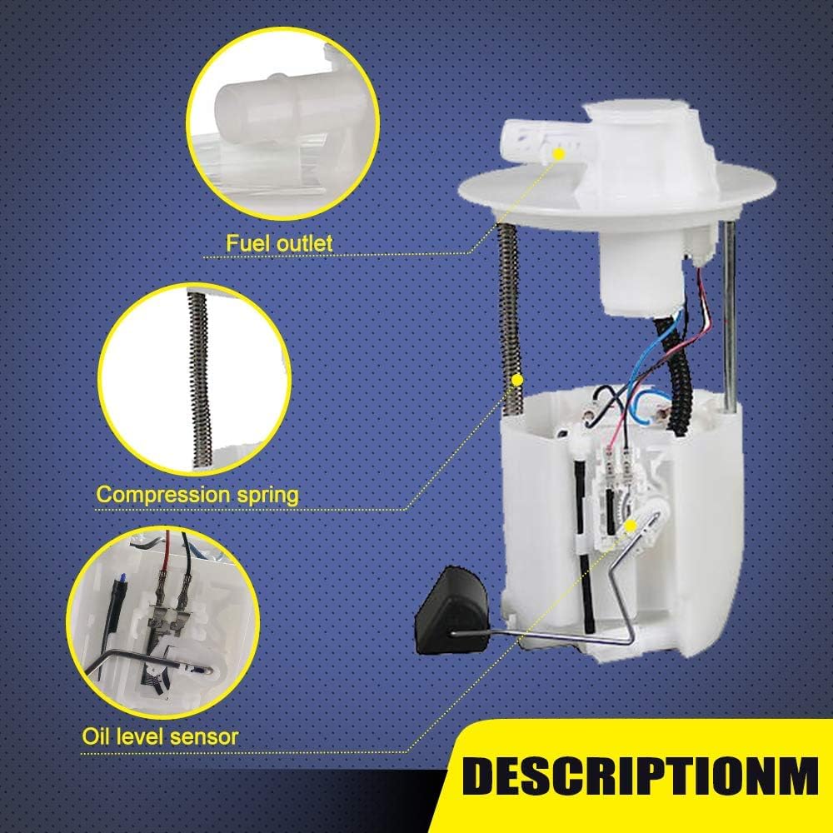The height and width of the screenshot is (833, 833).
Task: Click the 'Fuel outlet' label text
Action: (x=279, y=243)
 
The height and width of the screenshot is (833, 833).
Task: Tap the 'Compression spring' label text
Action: (x=197, y=495)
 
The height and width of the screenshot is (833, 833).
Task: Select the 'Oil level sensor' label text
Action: (x=160, y=736)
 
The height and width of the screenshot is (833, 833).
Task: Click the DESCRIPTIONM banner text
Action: (x=640, y=776)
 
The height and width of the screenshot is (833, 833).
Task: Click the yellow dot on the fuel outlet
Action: (x=558, y=154)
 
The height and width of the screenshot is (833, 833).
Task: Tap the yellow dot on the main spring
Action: (x=516, y=381)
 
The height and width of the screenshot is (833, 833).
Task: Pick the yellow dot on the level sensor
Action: (x=631, y=526)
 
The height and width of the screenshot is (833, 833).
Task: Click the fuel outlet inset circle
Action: (x=282, y=123)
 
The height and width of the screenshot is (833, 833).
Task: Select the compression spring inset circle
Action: (x=194, y=379)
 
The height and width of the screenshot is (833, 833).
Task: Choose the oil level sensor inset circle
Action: (x=162, y=622)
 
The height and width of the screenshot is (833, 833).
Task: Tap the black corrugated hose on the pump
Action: (x=676, y=372)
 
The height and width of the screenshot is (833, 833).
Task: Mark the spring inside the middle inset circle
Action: (x=200, y=379)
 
